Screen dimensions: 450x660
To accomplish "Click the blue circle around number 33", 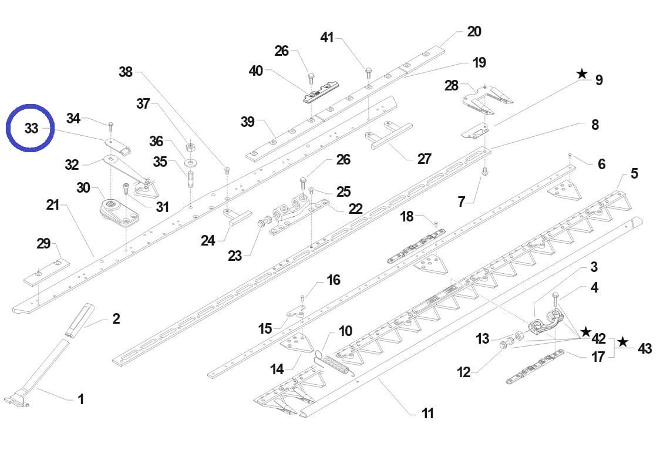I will pyautogui.click(x=31, y=127).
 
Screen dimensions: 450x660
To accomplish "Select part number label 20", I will pyautogui.click(x=474, y=32).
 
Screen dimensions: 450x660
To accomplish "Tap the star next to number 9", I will pyautogui.click(x=581, y=74).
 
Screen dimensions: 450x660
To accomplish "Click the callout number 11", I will pyautogui.click(x=427, y=413).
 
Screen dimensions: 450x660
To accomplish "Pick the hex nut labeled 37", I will pyautogui.click(x=190, y=146).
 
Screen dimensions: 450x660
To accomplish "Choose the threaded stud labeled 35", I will pyautogui.click(x=191, y=177).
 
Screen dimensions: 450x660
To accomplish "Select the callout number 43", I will pyautogui.click(x=644, y=348).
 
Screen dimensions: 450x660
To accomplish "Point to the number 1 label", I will pyautogui.click(x=81, y=399).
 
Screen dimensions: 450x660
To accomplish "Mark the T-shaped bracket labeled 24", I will pyautogui.click(x=237, y=217).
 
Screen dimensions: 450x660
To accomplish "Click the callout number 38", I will pyautogui.click(x=126, y=72).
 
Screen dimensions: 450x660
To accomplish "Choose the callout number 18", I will pyautogui.click(x=407, y=216).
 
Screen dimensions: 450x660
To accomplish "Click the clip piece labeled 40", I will pyautogui.click(x=318, y=95).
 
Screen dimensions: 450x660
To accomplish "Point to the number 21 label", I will pyautogui.click(x=53, y=205).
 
